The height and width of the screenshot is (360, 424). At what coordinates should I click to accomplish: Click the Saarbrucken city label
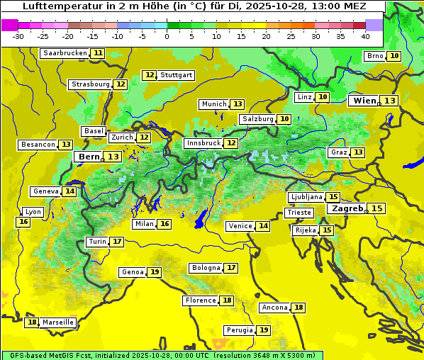65,53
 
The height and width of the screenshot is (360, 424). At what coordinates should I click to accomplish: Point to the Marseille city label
58,322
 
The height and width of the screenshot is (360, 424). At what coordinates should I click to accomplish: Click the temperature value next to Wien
390,101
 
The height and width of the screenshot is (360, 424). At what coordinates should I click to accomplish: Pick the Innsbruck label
203,143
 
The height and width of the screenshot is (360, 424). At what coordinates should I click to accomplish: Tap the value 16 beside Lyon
23,222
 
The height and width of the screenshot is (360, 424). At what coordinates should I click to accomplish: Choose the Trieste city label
299,213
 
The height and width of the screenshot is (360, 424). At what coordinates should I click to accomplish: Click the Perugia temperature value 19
264,330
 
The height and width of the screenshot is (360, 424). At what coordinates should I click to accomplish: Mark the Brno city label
374,56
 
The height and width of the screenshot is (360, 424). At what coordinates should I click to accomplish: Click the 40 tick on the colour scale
365,35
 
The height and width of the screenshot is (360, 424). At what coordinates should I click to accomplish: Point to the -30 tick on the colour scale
18,35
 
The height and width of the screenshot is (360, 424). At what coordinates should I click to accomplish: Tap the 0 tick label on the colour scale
167,35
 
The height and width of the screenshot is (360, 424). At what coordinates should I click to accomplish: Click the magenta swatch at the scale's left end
9,24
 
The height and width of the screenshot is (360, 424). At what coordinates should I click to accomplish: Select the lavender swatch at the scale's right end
374,24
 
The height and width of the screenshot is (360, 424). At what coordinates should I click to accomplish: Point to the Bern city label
89,157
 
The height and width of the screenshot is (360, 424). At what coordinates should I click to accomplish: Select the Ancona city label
274,308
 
